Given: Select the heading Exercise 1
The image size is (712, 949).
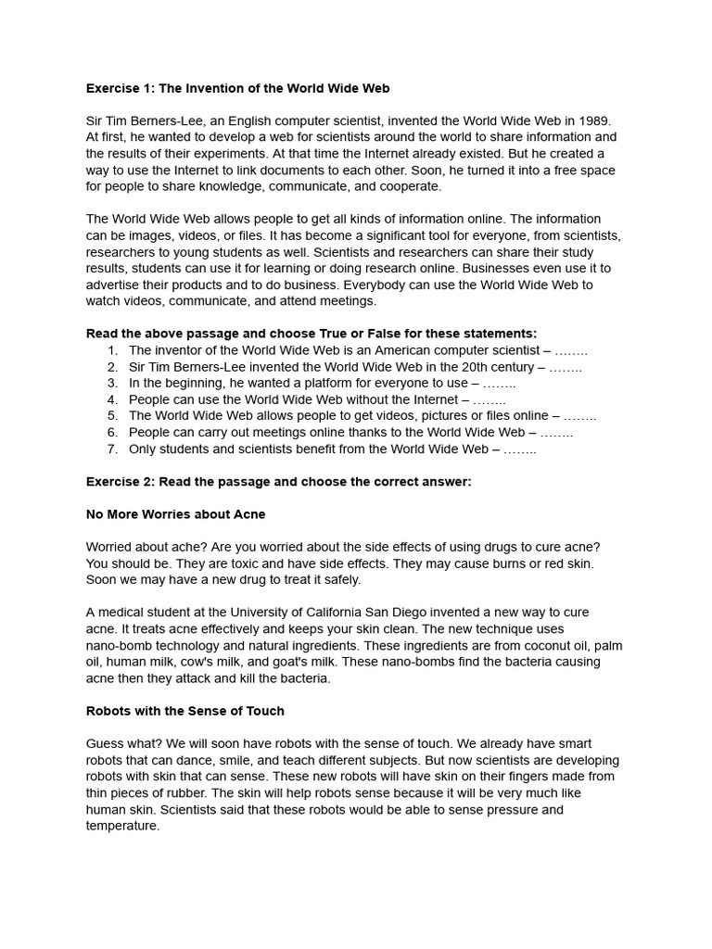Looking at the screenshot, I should (237, 88).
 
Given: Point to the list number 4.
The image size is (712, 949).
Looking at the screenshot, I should (112, 399).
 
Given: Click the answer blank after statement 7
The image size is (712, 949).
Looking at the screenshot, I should (519, 449).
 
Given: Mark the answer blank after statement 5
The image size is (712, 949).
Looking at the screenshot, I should (579, 416).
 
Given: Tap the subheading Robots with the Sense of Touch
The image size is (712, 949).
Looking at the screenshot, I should (184, 711).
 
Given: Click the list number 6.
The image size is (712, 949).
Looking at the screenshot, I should (112, 433).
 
